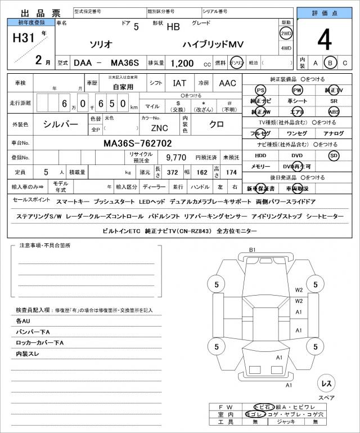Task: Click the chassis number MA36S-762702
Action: [x=138, y=143]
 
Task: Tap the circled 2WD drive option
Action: [x=286, y=34]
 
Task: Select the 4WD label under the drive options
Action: [x=286, y=48]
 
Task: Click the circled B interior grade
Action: [x=331, y=63]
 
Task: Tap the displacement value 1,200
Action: [x=183, y=64]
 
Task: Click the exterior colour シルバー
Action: [x=61, y=124]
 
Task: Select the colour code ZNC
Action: [x=159, y=128]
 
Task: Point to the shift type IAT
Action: [x=180, y=83]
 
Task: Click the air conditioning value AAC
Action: [x=228, y=83]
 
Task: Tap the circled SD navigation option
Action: [x=334, y=155]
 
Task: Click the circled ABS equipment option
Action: [x=334, y=112]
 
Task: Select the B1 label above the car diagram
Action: [x=253, y=249]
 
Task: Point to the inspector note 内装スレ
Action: [x=28, y=354]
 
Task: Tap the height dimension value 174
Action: [x=231, y=171]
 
